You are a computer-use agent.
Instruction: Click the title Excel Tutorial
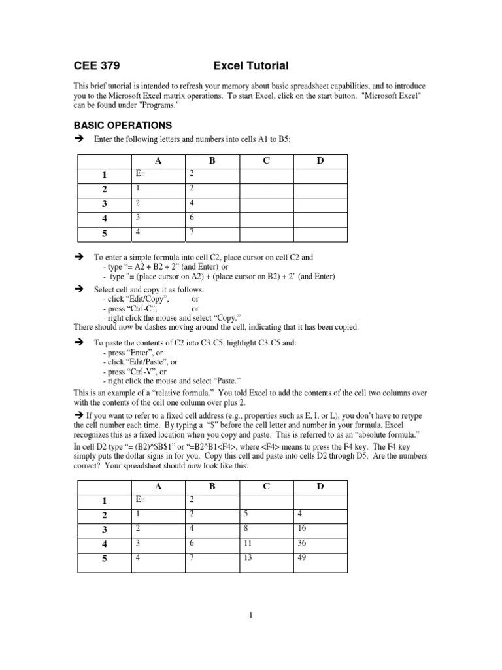tap(251, 65)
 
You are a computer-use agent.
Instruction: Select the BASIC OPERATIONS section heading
tap(123, 125)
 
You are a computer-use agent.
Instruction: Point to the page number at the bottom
tap(250, 615)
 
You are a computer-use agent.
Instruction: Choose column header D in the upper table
tap(320, 160)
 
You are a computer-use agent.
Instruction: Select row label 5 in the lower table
tap(104, 559)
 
